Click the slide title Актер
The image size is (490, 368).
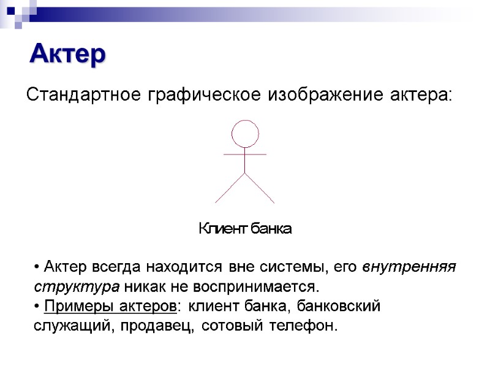coord(68,54)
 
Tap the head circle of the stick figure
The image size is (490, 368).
coord(244,134)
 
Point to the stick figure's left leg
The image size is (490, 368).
coord(229,188)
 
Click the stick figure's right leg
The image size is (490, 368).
coord(260,188)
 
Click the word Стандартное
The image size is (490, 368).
coord(83,96)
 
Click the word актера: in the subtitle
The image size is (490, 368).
coord(420,96)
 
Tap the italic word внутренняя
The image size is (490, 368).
coord(409,267)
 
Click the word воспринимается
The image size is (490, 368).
coord(256,286)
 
